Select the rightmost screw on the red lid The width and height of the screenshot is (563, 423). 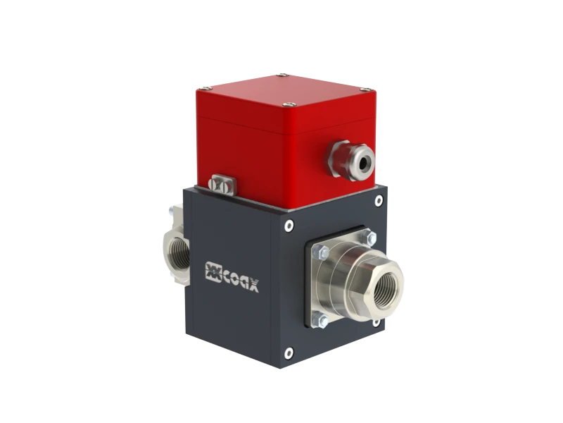365,90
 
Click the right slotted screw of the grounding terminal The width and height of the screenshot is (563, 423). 227,189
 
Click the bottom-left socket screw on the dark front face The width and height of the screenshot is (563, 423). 288,352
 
